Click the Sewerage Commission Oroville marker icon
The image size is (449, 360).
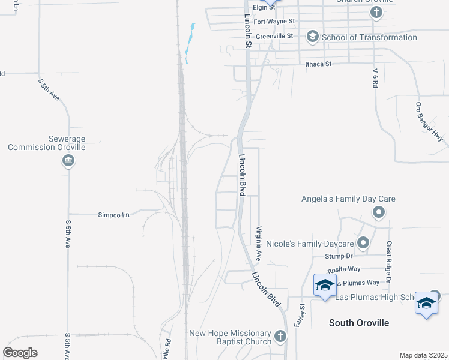(x=68, y=160)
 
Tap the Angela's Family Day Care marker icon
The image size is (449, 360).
(x=379, y=212)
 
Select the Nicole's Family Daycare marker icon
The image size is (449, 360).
(x=363, y=243)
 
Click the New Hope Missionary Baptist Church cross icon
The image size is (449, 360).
(x=280, y=336)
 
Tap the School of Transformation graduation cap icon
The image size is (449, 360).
(x=312, y=37)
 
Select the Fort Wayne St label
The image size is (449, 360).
(x=274, y=22)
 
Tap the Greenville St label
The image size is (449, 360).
(x=274, y=36)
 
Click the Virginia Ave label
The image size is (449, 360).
(x=259, y=243)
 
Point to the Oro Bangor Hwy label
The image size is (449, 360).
(x=429, y=122)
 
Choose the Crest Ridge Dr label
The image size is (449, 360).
(x=389, y=262)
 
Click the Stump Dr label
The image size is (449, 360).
(x=337, y=256)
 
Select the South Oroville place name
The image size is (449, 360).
(x=359, y=323)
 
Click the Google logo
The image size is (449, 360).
(x=20, y=352)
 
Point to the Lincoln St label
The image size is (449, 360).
(x=247, y=32)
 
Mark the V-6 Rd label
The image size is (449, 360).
(x=375, y=79)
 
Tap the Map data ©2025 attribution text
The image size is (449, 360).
(x=423, y=355)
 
